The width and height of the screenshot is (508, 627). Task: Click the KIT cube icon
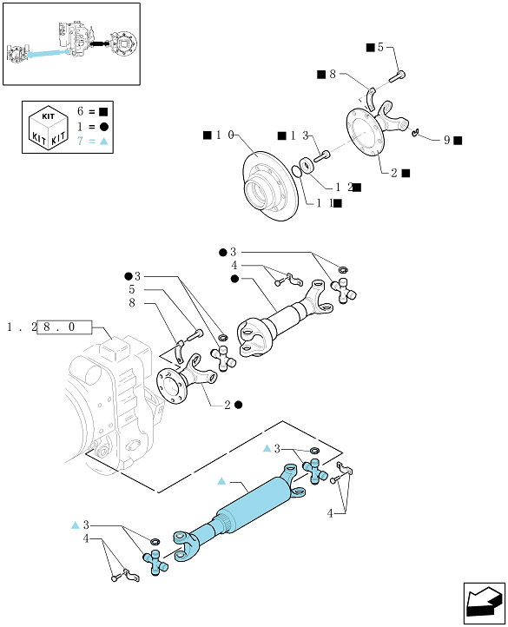pyautogui.click(x=48, y=127)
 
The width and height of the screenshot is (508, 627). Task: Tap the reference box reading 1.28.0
pyautogui.click(x=64, y=327)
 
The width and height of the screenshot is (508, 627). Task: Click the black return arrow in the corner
pyautogui.click(x=484, y=604)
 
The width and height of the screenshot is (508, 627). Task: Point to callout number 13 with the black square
pyautogui.click(x=300, y=136)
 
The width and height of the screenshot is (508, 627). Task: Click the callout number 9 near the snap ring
pyautogui.click(x=447, y=140)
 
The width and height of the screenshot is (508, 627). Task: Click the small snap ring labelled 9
pyautogui.click(x=415, y=132)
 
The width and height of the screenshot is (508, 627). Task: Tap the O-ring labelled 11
pyautogui.click(x=297, y=171)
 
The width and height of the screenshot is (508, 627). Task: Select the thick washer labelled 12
pyautogui.click(x=307, y=165)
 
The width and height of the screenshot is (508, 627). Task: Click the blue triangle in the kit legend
pyautogui.click(x=103, y=142)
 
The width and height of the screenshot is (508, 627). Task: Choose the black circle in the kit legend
pyautogui.click(x=103, y=127)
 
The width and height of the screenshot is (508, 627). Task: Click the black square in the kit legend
pyautogui.click(x=103, y=112)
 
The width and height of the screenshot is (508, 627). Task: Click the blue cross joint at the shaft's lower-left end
pyautogui.click(x=155, y=562)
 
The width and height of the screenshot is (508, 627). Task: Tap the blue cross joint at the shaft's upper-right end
pyautogui.click(x=315, y=472)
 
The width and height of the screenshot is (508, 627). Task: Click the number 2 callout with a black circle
pyautogui.click(x=228, y=405)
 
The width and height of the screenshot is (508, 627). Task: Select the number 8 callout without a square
pyautogui.click(x=132, y=303)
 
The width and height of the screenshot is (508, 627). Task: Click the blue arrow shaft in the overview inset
pyautogui.click(x=49, y=53)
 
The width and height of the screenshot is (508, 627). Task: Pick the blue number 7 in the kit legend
pyautogui.click(x=80, y=142)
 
